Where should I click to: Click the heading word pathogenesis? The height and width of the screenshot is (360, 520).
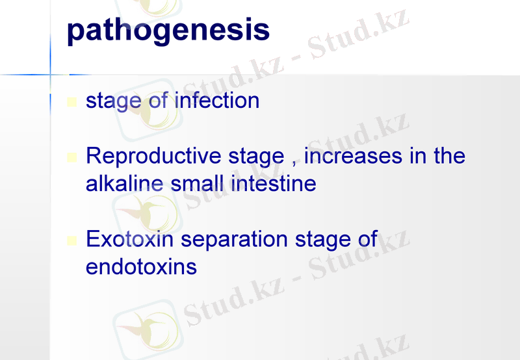click(168, 30)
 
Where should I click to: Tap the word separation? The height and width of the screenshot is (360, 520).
click(235, 240)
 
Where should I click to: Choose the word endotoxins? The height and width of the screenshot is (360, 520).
click(141, 266)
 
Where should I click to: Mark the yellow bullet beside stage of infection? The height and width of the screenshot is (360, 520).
click(72, 102)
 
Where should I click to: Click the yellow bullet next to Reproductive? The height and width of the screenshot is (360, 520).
click(72, 157)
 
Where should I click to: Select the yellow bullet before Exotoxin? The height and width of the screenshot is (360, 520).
click(72, 240)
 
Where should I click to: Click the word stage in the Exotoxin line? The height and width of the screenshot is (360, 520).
click(324, 240)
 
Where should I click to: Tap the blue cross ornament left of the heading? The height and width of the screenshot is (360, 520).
click(51, 75)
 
